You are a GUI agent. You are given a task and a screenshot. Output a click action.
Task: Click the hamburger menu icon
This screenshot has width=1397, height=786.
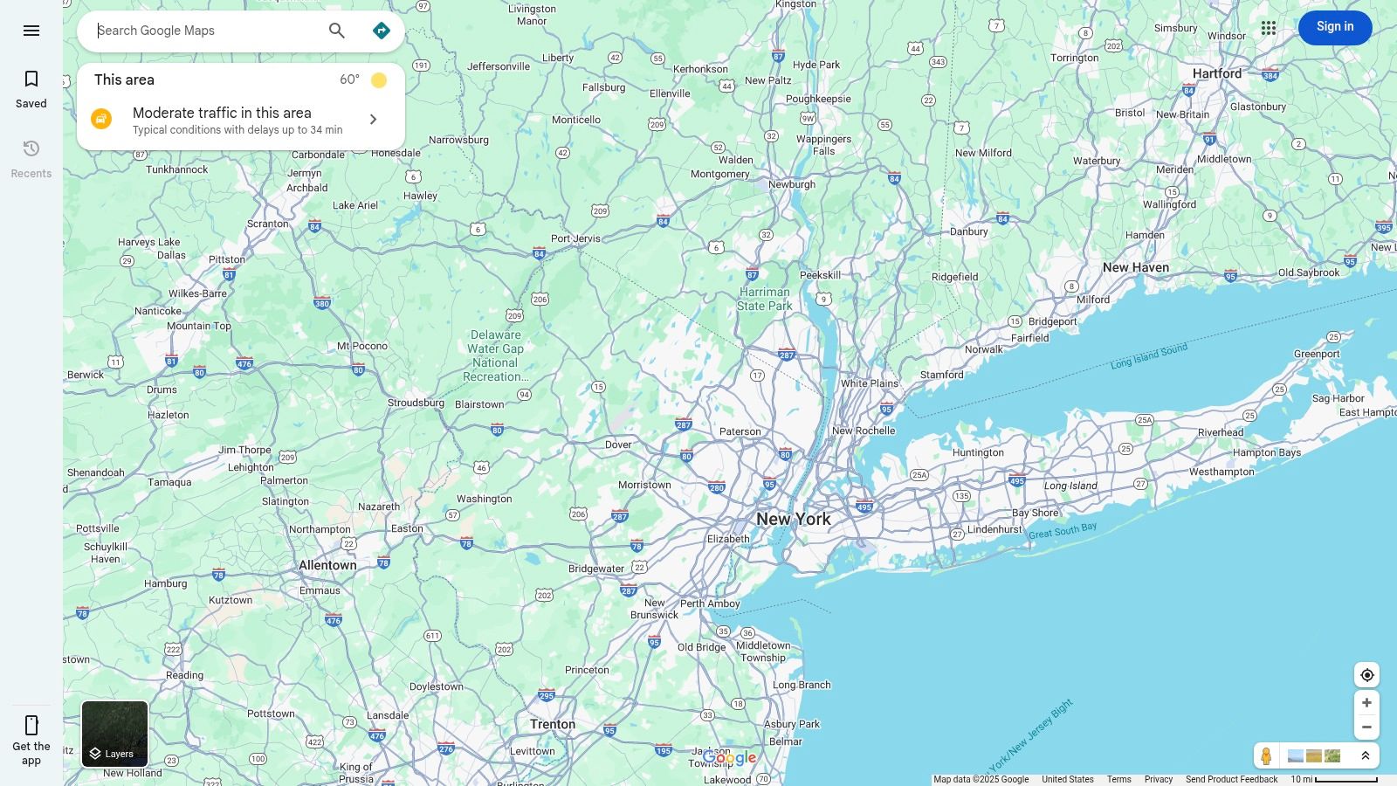tap(31, 31)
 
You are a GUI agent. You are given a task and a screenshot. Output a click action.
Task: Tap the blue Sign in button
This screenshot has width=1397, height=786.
tap(1334, 27)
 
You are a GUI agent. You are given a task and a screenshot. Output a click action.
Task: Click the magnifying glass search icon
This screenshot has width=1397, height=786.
tap(337, 31)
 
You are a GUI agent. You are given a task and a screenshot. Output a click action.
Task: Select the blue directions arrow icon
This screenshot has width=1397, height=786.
tap(382, 31)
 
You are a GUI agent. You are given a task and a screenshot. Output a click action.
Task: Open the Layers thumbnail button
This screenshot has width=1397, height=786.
tap(115, 734)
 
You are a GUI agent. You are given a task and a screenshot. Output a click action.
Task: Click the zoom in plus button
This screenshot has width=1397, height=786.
tap(1366, 703)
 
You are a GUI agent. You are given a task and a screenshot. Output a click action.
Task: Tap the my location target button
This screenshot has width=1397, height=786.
tap(1366, 675)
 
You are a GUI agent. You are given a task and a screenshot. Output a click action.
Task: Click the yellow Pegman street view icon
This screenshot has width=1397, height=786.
tap(1266, 756)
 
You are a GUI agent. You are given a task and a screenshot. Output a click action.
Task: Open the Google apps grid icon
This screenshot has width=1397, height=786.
tap(1269, 28)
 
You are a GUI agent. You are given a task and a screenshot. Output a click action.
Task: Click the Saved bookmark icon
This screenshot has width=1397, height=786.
tap(31, 79)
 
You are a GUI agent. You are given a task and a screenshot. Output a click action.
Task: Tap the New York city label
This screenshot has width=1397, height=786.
tap(793, 519)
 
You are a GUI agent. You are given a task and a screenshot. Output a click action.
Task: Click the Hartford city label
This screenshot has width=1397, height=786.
tap(1217, 73)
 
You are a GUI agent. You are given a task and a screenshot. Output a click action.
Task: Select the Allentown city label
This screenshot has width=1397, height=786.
tap(327, 565)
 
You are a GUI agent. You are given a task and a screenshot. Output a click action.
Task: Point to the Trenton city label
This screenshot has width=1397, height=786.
tap(553, 724)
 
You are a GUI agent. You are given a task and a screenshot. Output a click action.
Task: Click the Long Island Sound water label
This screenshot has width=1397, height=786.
tap(1148, 356)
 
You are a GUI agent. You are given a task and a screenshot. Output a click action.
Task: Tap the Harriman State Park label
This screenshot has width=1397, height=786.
tap(764, 299)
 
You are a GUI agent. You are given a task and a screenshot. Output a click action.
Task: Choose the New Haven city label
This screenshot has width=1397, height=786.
tap(1135, 267)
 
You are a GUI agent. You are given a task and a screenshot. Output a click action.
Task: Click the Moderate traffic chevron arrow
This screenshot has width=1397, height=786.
tap(373, 120)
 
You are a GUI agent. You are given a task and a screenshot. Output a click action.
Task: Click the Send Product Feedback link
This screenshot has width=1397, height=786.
tap(1231, 779)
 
